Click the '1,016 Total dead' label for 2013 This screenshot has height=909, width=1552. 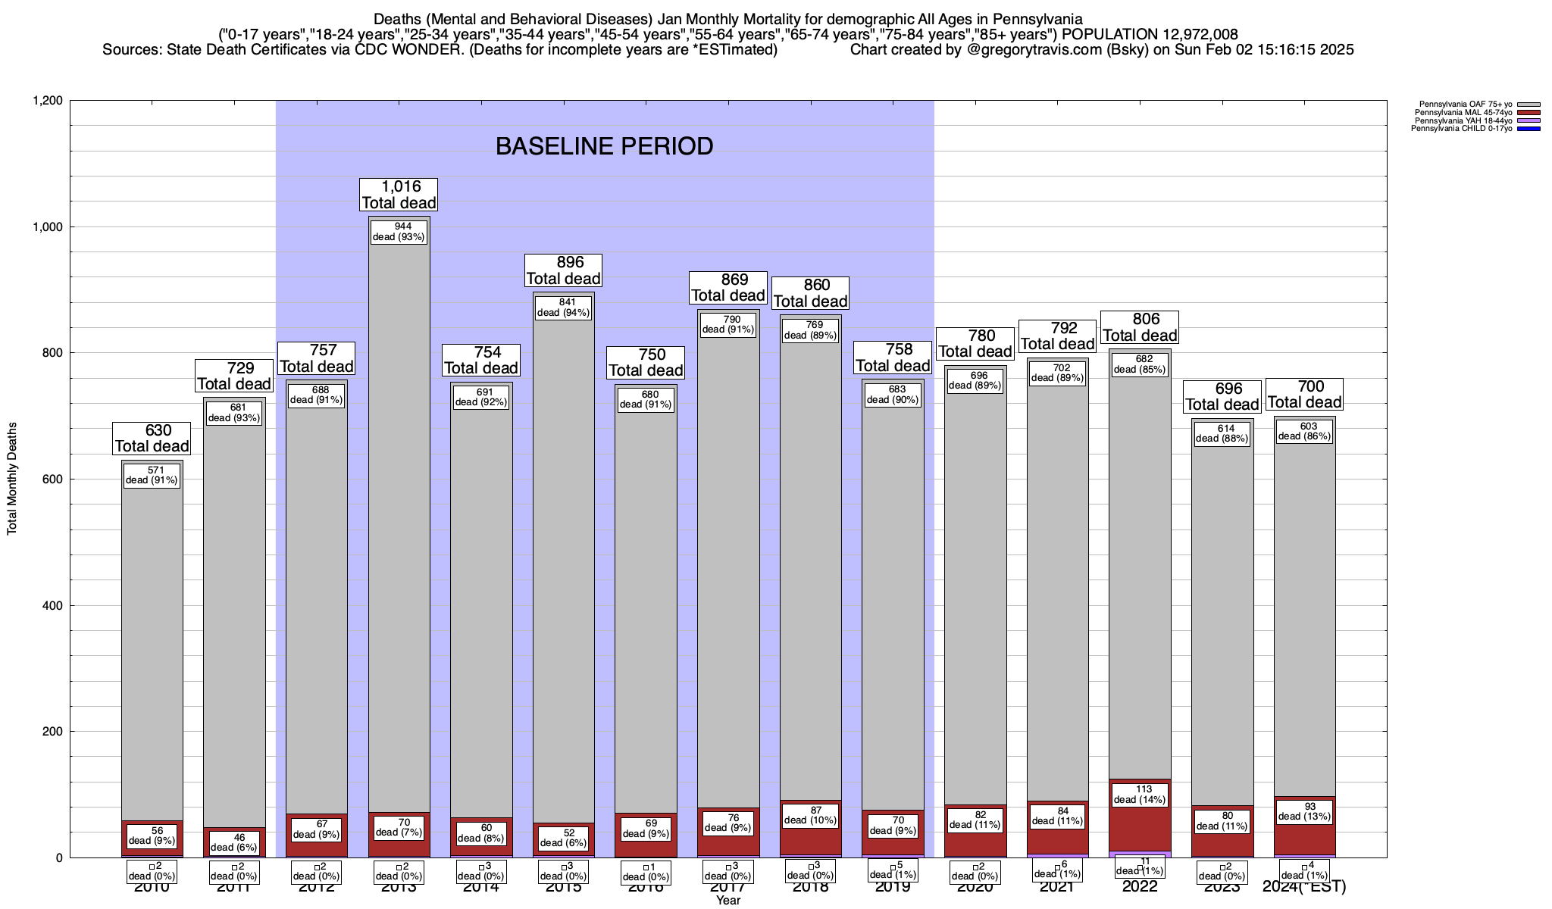(x=399, y=195)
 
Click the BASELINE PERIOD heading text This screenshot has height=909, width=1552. (x=604, y=146)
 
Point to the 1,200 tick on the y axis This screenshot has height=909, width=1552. (x=49, y=101)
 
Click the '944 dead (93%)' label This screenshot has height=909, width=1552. (x=399, y=231)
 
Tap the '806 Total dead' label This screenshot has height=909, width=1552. (x=1140, y=327)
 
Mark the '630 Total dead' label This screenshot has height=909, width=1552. (x=152, y=439)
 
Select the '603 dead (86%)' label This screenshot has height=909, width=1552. (x=1304, y=431)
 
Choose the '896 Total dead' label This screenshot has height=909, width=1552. (x=563, y=270)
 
